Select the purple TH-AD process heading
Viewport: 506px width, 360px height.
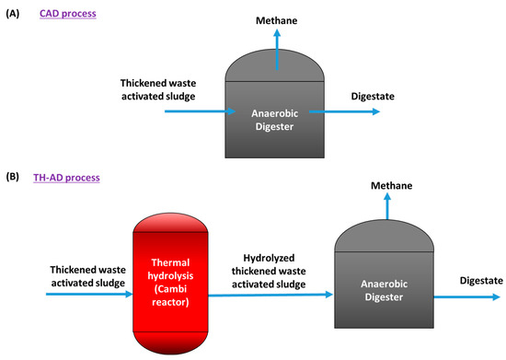tap(75, 175)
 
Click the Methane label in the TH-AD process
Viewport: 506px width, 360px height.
tap(391, 187)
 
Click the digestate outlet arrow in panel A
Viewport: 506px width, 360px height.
tap(346, 111)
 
